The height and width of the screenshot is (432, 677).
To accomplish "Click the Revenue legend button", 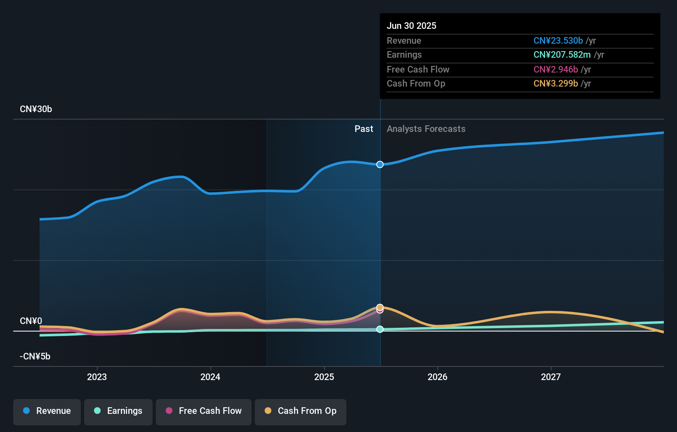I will pos(47,411).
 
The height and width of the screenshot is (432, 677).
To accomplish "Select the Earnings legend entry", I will pos(118,411).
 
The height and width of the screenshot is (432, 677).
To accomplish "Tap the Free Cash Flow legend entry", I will pos(204,411).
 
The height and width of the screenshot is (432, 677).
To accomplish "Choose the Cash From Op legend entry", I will pos(301,411).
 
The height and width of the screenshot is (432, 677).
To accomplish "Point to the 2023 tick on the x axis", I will pos(97,377).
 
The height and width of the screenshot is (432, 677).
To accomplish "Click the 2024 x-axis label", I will pos(210,377).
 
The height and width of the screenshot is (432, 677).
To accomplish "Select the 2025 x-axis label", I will pos(324,377).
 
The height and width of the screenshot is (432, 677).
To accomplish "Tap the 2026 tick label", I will pos(437,377).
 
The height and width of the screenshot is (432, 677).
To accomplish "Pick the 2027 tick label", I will pos(551,377).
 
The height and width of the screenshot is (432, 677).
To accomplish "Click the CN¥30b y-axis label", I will pos(36,109).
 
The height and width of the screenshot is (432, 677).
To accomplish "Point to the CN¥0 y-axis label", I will pos(31,321).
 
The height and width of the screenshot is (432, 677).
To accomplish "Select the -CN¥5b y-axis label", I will pos(35,357).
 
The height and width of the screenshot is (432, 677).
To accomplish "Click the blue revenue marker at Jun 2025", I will pos(380,164).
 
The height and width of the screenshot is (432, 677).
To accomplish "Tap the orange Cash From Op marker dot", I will pos(380,307).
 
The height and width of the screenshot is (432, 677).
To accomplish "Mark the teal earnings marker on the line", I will pos(380,329).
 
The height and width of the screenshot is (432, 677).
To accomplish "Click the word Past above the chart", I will pos(364,129).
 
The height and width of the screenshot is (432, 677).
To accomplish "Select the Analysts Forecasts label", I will pos(426,129).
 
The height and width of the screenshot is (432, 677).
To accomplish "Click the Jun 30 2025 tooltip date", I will pos(411,26).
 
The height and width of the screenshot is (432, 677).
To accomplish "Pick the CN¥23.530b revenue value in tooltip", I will pos(558,41).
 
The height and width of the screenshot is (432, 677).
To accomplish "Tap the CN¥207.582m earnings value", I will pos(562,55).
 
